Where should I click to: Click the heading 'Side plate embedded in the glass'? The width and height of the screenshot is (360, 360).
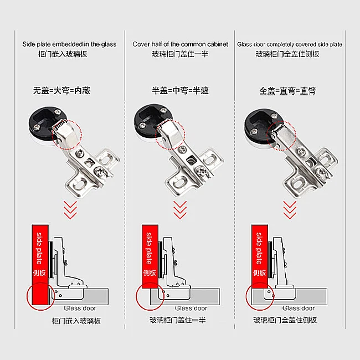point(69,44)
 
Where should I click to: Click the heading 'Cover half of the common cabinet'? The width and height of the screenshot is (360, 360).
point(180,44)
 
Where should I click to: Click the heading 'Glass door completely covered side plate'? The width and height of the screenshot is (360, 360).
point(290,44)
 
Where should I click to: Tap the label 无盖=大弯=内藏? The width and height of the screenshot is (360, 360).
point(61,90)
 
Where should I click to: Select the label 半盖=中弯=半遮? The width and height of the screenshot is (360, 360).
point(180,90)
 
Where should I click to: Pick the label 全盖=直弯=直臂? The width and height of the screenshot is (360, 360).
point(287,90)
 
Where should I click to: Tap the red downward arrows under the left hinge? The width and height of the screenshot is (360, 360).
point(70,209)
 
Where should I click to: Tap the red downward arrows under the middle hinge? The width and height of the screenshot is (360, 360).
point(180,209)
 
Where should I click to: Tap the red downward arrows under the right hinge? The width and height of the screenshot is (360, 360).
point(290,209)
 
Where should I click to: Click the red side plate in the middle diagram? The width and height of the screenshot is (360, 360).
point(150,255)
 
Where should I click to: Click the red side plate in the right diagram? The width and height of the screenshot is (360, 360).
point(259,255)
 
